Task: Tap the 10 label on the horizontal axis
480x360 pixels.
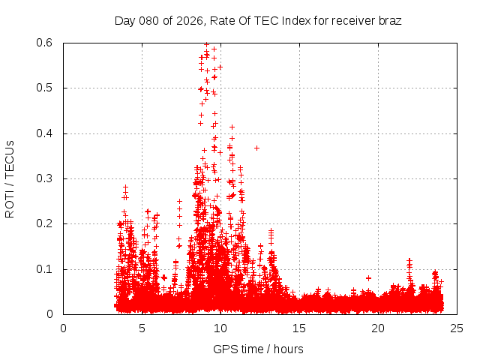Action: click(x=220, y=328)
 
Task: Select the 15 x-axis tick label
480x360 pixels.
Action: click(x=299, y=328)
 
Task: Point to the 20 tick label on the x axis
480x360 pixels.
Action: click(x=378, y=328)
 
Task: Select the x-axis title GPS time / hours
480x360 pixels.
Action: click(x=258, y=349)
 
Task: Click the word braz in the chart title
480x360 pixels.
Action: click(x=389, y=20)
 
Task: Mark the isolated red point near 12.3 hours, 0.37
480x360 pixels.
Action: click(x=256, y=148)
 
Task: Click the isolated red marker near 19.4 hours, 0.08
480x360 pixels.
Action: click(x=368, y=278)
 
